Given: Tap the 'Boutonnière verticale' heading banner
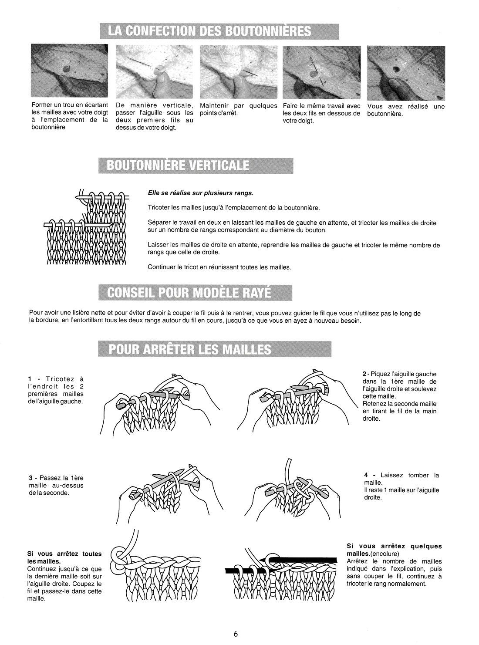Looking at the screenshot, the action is [196, 165].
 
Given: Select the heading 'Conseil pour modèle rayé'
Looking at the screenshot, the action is [195, 293].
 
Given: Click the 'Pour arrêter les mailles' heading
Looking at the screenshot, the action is [215, 349].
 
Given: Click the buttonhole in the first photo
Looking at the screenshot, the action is [67, 69].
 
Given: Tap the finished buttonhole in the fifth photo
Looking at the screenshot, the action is [396, 69].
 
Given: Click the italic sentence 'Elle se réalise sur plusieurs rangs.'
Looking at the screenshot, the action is [201, 193].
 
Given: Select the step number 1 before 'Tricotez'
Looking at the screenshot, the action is [30, 379].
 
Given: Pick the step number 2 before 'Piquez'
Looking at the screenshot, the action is [364, 374].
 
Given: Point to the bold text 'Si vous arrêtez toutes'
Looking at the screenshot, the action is [64, 554].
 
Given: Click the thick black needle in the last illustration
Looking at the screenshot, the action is [303, 560].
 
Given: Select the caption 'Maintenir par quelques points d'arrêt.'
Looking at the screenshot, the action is [239, 109].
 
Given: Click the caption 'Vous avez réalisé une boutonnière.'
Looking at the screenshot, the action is [406, 110].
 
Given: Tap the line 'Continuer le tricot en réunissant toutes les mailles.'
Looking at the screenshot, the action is [219, 267].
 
